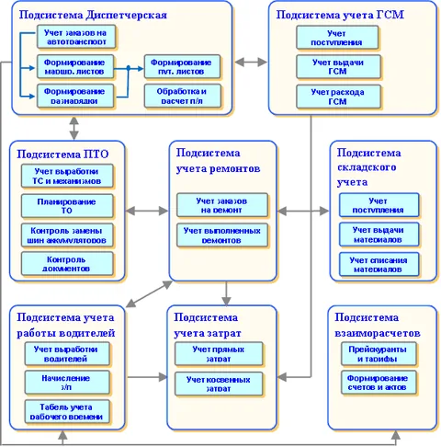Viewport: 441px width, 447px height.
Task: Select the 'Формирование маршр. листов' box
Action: (74, 67)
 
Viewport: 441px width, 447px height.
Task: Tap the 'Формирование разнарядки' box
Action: (74, 95)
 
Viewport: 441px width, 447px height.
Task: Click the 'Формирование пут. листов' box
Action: (180, 67)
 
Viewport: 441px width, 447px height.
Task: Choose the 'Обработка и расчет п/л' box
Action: (180, 95)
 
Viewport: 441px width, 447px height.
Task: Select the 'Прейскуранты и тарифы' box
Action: (378, 353)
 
